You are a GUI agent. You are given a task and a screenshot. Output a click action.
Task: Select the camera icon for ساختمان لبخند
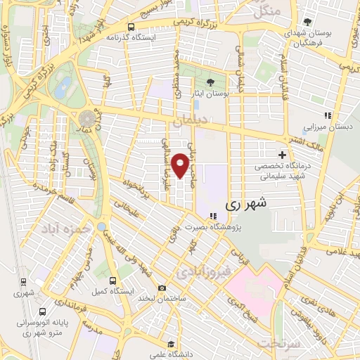point(162,288)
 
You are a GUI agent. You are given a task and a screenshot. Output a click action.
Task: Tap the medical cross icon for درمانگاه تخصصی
point(282,155)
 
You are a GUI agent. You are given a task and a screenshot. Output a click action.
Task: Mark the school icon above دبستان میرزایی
point(326,116)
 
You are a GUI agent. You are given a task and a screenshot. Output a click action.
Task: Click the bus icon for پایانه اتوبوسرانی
point(44,312)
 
